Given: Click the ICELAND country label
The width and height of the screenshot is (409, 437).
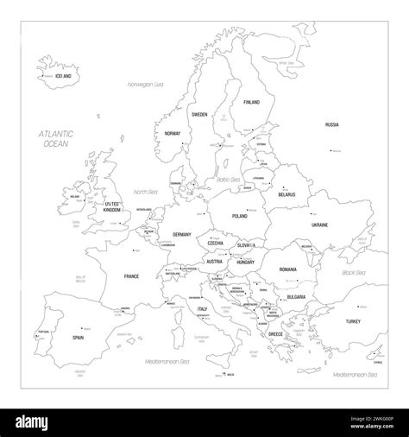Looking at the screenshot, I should tap(61, 77).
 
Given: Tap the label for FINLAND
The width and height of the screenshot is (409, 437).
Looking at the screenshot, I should tap(251, 103).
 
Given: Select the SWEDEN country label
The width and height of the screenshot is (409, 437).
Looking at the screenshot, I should tap(199, 114).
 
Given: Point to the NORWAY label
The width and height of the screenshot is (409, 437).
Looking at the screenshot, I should tap(173, 134).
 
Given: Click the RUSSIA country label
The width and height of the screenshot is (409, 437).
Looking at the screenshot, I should tap(331, 125).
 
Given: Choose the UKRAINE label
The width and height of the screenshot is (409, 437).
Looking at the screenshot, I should tap(319, 225).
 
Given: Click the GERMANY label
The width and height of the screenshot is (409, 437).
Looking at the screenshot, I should tap(181, 235).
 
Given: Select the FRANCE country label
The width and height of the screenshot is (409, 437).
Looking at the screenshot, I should tap(131, 276).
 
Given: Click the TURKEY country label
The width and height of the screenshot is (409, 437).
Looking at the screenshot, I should tap(353, 321).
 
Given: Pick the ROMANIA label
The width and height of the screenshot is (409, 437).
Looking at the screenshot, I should tap(287, 270).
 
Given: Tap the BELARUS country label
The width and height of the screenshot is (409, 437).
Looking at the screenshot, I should tap(286, 195).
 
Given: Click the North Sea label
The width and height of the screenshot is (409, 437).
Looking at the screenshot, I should tap(144, 192).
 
